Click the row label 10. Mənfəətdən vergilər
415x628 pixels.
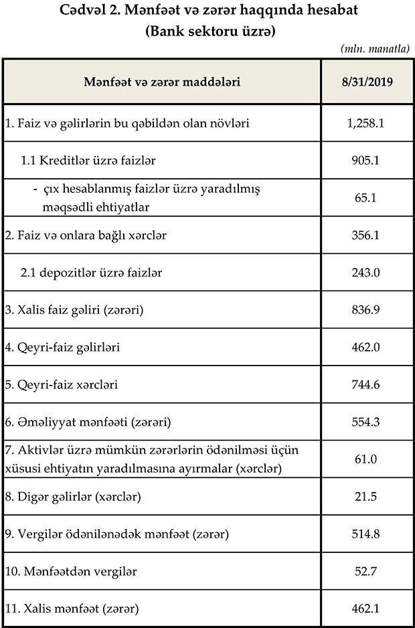(x=72, y=572)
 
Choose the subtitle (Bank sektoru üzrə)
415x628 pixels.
(x=207, y=31)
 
